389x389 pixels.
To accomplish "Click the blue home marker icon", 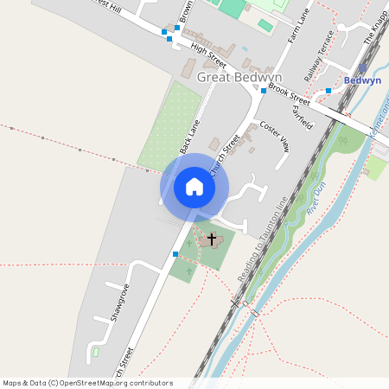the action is click(x=194, y=186).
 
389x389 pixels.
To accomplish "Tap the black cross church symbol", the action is click(x=212, y=238).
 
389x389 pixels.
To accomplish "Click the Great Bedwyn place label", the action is click(x=234, y=77).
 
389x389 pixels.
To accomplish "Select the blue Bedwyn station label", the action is click(x=362, y=80).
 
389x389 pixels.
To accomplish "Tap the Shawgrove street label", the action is click(x=119, y=303).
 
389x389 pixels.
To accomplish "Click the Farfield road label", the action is click(x=303, y=111).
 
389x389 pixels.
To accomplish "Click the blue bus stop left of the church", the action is click(x=175, y=254).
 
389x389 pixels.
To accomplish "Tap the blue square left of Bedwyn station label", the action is click(x=328, y=90).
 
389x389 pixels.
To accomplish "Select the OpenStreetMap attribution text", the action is click(x=87, y=383).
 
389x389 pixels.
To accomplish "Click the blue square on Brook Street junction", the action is click(x=263, y=90).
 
